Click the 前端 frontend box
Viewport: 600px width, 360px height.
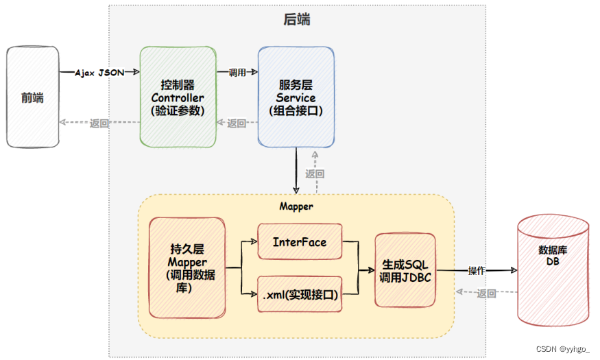click(33, 97)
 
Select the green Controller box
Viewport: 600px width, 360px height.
click(178, 97)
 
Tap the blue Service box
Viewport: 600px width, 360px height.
click(296, 97)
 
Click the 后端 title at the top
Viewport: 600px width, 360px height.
click(296, 19)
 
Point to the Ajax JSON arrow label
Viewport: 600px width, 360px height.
click(99, 72)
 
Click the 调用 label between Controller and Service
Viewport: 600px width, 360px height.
click(237, 72)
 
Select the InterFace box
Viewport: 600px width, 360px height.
click(300, 242)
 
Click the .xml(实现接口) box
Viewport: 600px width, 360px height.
click(300, 294)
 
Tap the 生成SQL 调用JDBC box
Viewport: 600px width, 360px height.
click(405, 270)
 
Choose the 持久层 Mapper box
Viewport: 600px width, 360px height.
click(187, 268)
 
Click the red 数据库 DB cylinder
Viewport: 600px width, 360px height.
click(553, 270)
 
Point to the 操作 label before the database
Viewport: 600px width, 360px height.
click(477, 271)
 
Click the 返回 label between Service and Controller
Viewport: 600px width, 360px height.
click(237, 123)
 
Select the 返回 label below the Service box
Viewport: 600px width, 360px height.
click(315, 174)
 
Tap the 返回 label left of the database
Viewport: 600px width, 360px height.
click(486, 293)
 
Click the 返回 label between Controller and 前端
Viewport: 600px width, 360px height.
click(99, 123)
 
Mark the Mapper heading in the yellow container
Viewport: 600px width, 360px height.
click(296, 206)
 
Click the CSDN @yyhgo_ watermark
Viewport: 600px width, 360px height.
click(562, 349)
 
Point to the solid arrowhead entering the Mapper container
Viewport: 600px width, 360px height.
click(296, 190)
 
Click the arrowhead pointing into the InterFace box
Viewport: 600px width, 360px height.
click(254, 241)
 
